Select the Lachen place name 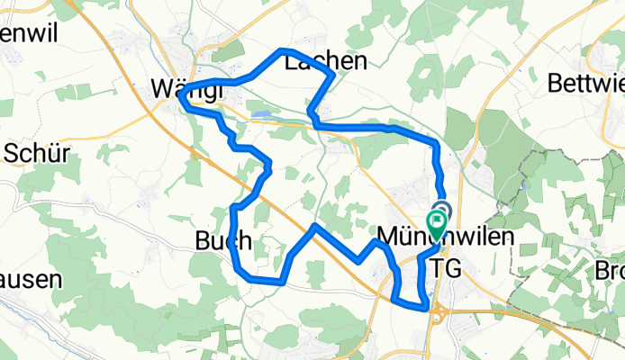click(x=326, y=61)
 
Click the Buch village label click(x=217, y=239)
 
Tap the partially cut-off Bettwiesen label click(x=586, y=85)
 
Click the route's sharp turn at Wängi click(x=182, y=99)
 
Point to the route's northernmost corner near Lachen click(x=283, y=49)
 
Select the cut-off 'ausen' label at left click(x=31, y=279)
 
